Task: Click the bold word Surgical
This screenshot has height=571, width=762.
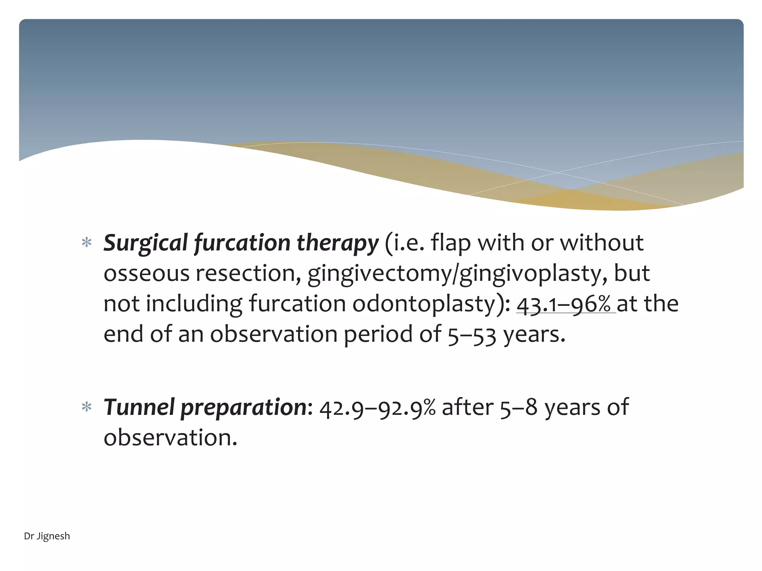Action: tap(145, 243)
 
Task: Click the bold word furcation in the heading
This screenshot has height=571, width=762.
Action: tap(242, 243)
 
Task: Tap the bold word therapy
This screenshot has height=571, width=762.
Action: tap(337, 243)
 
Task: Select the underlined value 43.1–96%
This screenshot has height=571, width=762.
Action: tap(566, 304)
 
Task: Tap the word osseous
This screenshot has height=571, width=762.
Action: tap(146, 274)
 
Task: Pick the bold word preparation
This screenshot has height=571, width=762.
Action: tap(244, 407)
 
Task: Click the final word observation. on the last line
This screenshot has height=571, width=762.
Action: tap(170, 438)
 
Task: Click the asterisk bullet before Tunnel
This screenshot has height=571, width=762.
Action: tap(87, 407)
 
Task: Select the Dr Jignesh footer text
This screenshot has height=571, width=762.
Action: tap(47, 536)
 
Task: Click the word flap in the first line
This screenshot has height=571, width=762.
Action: tap(451, 243)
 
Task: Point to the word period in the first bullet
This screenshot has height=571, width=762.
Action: tap(378, 335)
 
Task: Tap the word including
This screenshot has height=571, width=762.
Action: tap(193, 304)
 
